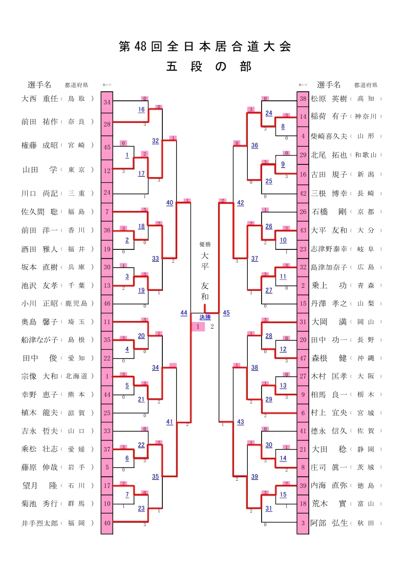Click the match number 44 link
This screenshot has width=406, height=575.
coord(184,313)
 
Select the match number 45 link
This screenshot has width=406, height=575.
coord(226,313)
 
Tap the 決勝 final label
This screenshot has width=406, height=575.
coord(205,317)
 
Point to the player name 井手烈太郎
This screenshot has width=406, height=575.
coord(40,523)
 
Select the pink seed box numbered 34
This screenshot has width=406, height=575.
coord(107,102)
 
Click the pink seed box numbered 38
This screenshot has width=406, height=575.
coord(303,99)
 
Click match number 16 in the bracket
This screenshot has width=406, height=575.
coord(141,110)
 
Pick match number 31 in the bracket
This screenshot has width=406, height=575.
coord(269,508)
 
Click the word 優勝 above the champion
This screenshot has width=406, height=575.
coord(205,245)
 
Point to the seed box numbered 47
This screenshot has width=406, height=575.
coord(303,358)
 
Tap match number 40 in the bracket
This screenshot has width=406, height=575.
coord(169,203)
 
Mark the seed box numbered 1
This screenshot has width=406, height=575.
coord(107,376)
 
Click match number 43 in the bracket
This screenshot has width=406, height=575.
coord(241,421)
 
